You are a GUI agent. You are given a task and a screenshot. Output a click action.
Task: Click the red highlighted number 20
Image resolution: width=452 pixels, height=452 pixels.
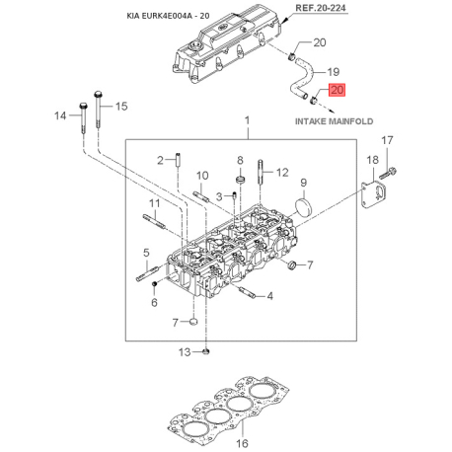pos(338,90)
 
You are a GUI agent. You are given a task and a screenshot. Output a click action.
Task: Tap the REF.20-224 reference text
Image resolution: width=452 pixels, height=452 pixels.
pos(321,8)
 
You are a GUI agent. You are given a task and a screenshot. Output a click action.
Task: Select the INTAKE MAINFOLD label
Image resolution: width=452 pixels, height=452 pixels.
pos(334,121)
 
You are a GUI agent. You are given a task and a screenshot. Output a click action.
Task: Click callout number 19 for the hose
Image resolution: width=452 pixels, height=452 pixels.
pos(333,72)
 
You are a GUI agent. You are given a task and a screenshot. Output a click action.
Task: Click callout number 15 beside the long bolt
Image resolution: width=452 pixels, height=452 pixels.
pos(120,107)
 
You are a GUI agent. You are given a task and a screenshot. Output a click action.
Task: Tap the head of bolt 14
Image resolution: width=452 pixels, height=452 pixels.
pos(83,107)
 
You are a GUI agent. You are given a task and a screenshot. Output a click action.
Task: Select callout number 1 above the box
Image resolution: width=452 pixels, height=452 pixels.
pos(247,120)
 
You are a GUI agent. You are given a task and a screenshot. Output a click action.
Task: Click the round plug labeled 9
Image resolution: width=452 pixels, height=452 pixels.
pos(304,207)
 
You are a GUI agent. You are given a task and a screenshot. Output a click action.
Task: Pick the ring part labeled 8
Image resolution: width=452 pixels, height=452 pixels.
pos(241,180)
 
